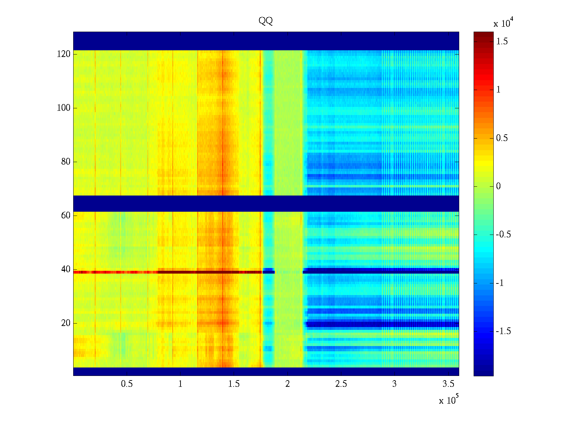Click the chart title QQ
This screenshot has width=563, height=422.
(266, 21)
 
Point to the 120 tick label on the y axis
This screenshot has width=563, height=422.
(63, 54)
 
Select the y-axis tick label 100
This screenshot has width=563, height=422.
(63, 108)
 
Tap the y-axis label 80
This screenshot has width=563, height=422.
(66, 162)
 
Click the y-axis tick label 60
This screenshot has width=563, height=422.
(66, 216)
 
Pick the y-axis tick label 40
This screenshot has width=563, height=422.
(66, 269)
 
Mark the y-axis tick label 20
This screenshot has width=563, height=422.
(66, 323)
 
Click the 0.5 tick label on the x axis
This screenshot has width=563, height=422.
(127, 384)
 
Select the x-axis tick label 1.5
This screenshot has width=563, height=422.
(234, 384)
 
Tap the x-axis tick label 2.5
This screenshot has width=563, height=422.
(341, 384)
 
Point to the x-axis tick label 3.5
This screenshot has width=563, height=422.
(448, 384)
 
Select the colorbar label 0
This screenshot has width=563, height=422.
(498, 186)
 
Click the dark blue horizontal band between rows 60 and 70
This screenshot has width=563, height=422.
(266, 203)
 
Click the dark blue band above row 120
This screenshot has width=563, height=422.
(266, 41)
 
